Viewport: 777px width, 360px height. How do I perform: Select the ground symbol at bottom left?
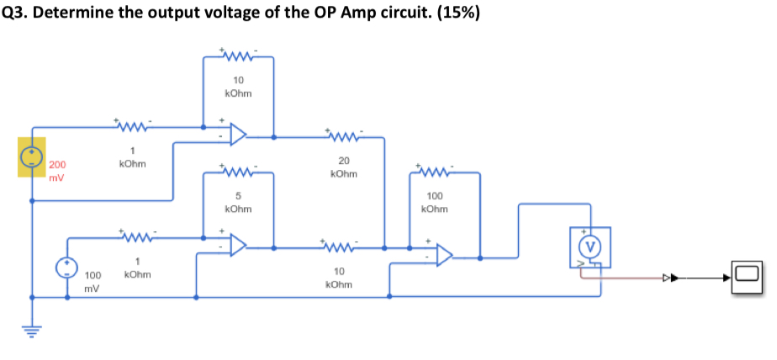(32, 331)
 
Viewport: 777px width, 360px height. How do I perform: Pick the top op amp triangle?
(238, 135)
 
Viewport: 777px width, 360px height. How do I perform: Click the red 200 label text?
(57, 166)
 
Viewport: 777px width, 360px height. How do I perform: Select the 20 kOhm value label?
(343, 167)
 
